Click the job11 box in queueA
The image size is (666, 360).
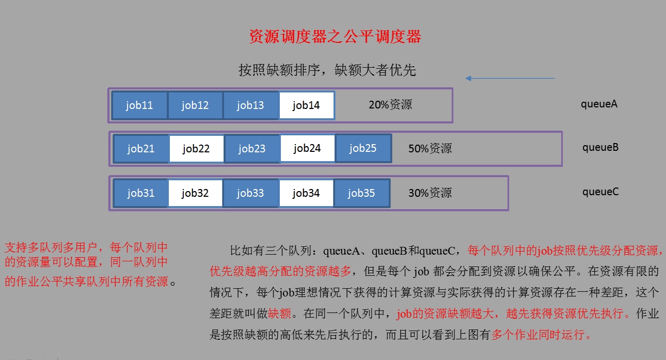click(139, 105)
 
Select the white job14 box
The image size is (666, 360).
click(307, 105)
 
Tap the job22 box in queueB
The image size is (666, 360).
click(196, 149)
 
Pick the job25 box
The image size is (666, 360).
click(363, 148)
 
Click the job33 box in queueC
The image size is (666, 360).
click(250, 193)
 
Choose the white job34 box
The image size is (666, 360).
click(306, 193)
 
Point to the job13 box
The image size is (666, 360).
click(250, 105)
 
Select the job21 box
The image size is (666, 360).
click(141, 149)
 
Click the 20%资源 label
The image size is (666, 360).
click(390, 105)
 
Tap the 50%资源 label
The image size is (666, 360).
click(430, 149)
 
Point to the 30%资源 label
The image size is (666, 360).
click(430, 193)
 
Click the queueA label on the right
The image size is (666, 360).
click(599, 104)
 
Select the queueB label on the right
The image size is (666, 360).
click(600, 147)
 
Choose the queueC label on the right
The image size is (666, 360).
click(600, 192)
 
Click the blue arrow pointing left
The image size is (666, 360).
click(510, 79)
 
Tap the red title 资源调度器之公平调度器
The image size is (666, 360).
click(335, 37)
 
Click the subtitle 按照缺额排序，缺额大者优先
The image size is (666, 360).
click(327, 70)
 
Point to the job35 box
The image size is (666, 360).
click(361, 193)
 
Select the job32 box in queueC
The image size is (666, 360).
click(195, 193)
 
